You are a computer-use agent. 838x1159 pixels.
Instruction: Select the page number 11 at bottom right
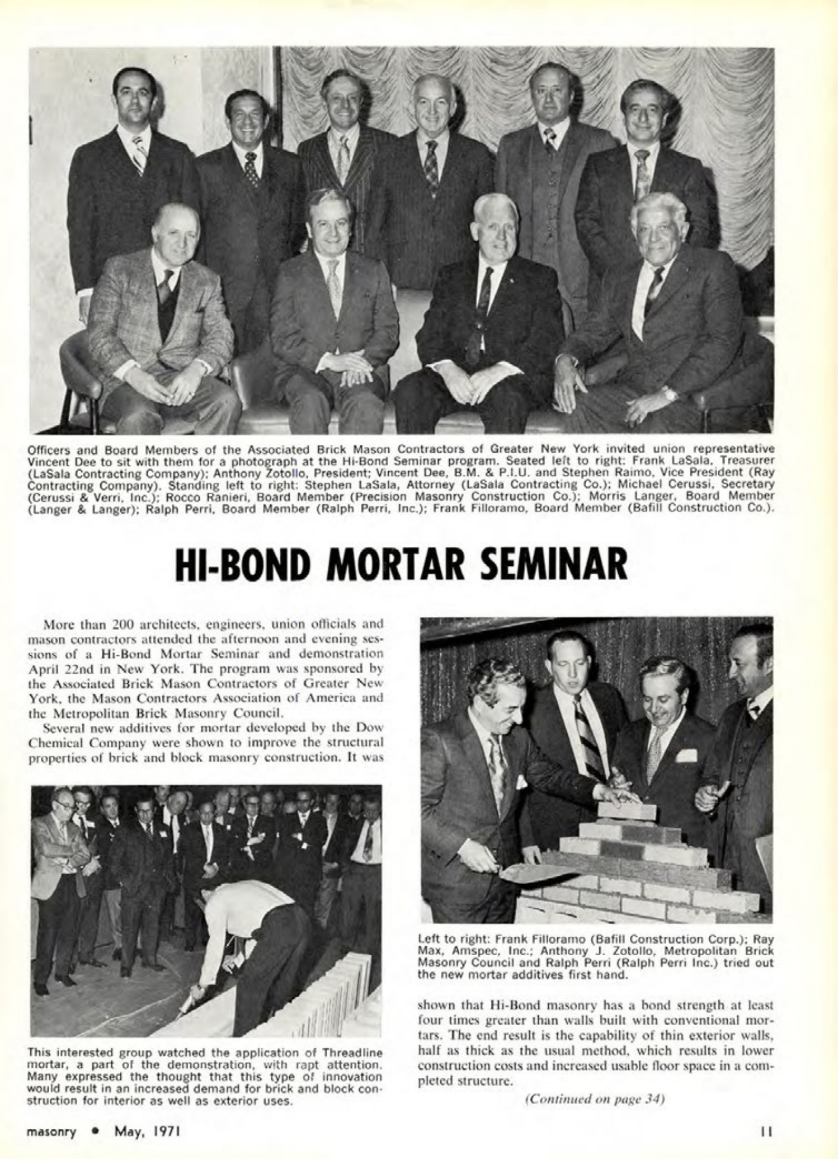[766, 1132]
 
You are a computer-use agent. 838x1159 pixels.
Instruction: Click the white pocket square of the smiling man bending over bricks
[686, 755]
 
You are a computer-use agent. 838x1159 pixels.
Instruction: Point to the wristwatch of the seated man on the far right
[670, 393]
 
